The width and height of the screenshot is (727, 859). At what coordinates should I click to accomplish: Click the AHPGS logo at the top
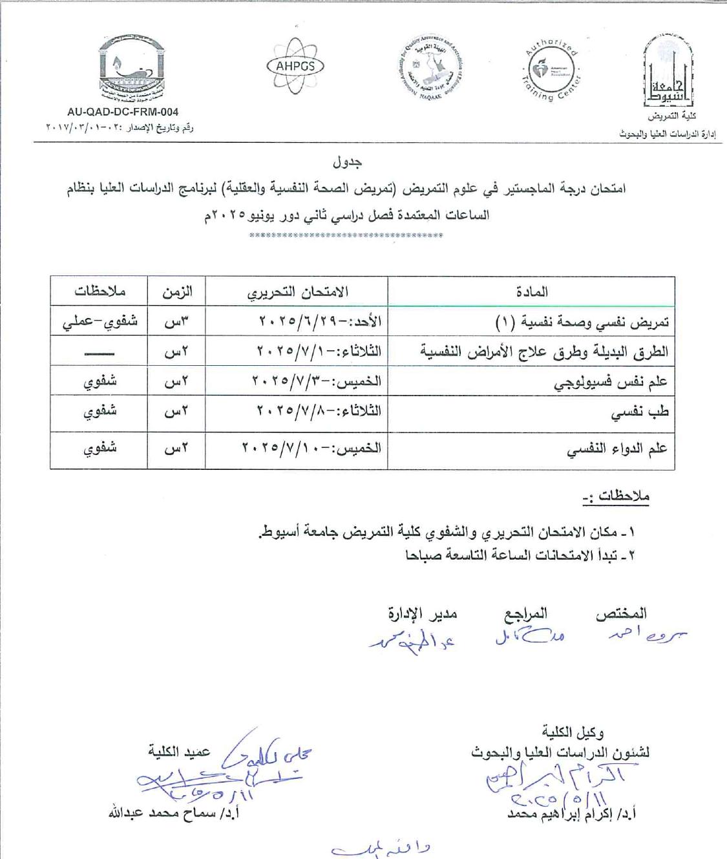pos(295,65)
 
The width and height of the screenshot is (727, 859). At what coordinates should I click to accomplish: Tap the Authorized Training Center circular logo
pos(552,69)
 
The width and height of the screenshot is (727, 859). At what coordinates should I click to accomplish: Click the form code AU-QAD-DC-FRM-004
pos(123,112)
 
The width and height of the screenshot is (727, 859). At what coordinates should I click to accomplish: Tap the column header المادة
pos(532,292)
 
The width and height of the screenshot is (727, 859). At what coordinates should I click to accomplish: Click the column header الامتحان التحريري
pos(297,292)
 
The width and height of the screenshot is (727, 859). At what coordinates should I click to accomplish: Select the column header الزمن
pos(177,292)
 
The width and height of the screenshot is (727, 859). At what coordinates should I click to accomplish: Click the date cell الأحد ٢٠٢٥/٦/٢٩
pos(320,321)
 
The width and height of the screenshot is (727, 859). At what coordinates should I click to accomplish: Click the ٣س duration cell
pos(176,321)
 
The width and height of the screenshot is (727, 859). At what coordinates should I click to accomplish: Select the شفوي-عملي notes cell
pos(100,321)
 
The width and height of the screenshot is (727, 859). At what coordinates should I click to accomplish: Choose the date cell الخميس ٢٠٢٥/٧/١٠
pos(311,448)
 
